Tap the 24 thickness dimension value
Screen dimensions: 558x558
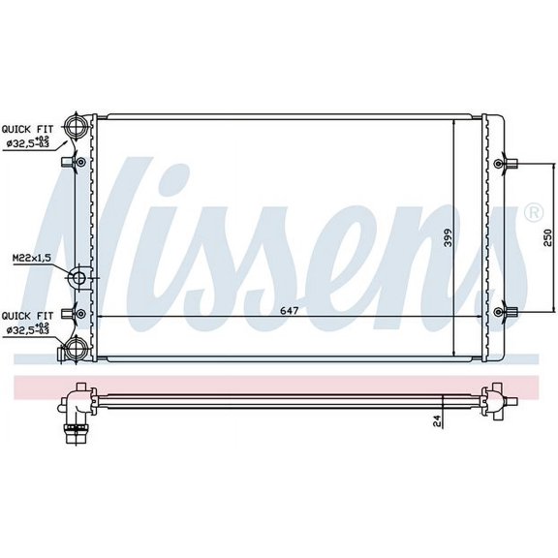coord(437,419)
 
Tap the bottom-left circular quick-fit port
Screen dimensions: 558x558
coord(77,346)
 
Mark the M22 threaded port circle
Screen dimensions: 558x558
coord(79,280)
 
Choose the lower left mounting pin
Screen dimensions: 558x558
coord(67,313)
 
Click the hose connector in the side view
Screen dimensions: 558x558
coord(74,428)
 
